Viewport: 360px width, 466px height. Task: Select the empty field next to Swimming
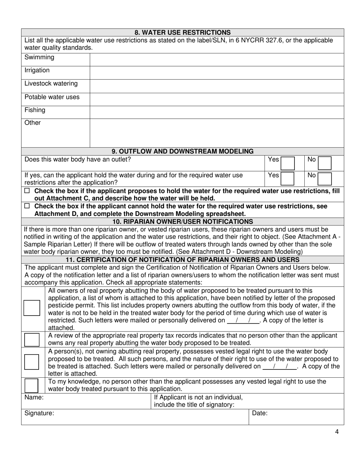(x=216, y=60)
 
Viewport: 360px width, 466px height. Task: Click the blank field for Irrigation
(x=216, y=73)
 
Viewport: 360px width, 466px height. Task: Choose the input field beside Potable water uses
(x=216, y=99)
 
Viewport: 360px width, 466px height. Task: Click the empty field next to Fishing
(x=216, y=112)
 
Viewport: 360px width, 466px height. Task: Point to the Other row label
(x=33, y=123)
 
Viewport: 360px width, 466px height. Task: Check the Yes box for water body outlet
(x=287, y=163)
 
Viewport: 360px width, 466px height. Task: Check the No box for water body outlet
(x=324, y=163)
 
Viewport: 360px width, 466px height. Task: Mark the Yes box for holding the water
(x=287, y=178)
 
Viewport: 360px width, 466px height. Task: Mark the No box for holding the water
(x=324, y=178)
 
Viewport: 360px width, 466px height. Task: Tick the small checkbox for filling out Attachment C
(x=27, y=191)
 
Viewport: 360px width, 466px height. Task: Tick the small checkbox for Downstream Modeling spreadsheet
(x=27, y=206)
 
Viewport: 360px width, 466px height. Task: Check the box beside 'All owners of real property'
(x=32, y=308)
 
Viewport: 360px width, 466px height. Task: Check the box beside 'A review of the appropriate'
(x=32, y=339)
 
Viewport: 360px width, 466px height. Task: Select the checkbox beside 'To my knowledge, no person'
(x=32, y=385)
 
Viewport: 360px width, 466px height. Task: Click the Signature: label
(x=39, y=413)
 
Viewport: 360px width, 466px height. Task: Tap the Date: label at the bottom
(x=260, y=413)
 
